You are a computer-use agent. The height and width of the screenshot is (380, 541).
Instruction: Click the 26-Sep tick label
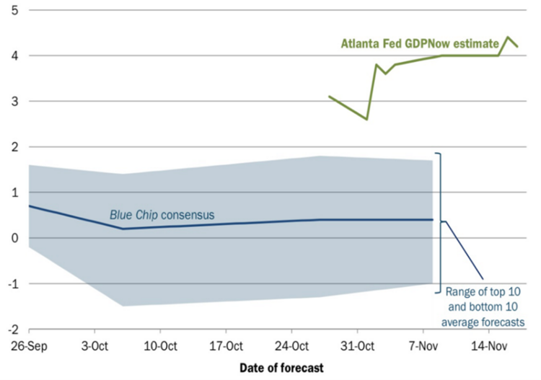tap(27, 345)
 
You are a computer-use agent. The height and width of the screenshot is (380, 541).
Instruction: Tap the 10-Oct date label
tap(159, 345)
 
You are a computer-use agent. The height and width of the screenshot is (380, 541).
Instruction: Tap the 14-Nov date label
tap(488, 345)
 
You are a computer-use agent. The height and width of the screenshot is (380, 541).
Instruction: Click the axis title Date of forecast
tap(281, 367)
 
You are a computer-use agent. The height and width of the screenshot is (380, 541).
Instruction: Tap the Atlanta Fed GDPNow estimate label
tap(420, 43)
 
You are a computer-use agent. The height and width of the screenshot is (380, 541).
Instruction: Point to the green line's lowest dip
tap(367, 119)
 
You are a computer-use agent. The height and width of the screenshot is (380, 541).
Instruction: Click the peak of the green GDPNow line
tap(508, 37)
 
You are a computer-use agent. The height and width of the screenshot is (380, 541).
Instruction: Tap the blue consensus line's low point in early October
tap(123, 229)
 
